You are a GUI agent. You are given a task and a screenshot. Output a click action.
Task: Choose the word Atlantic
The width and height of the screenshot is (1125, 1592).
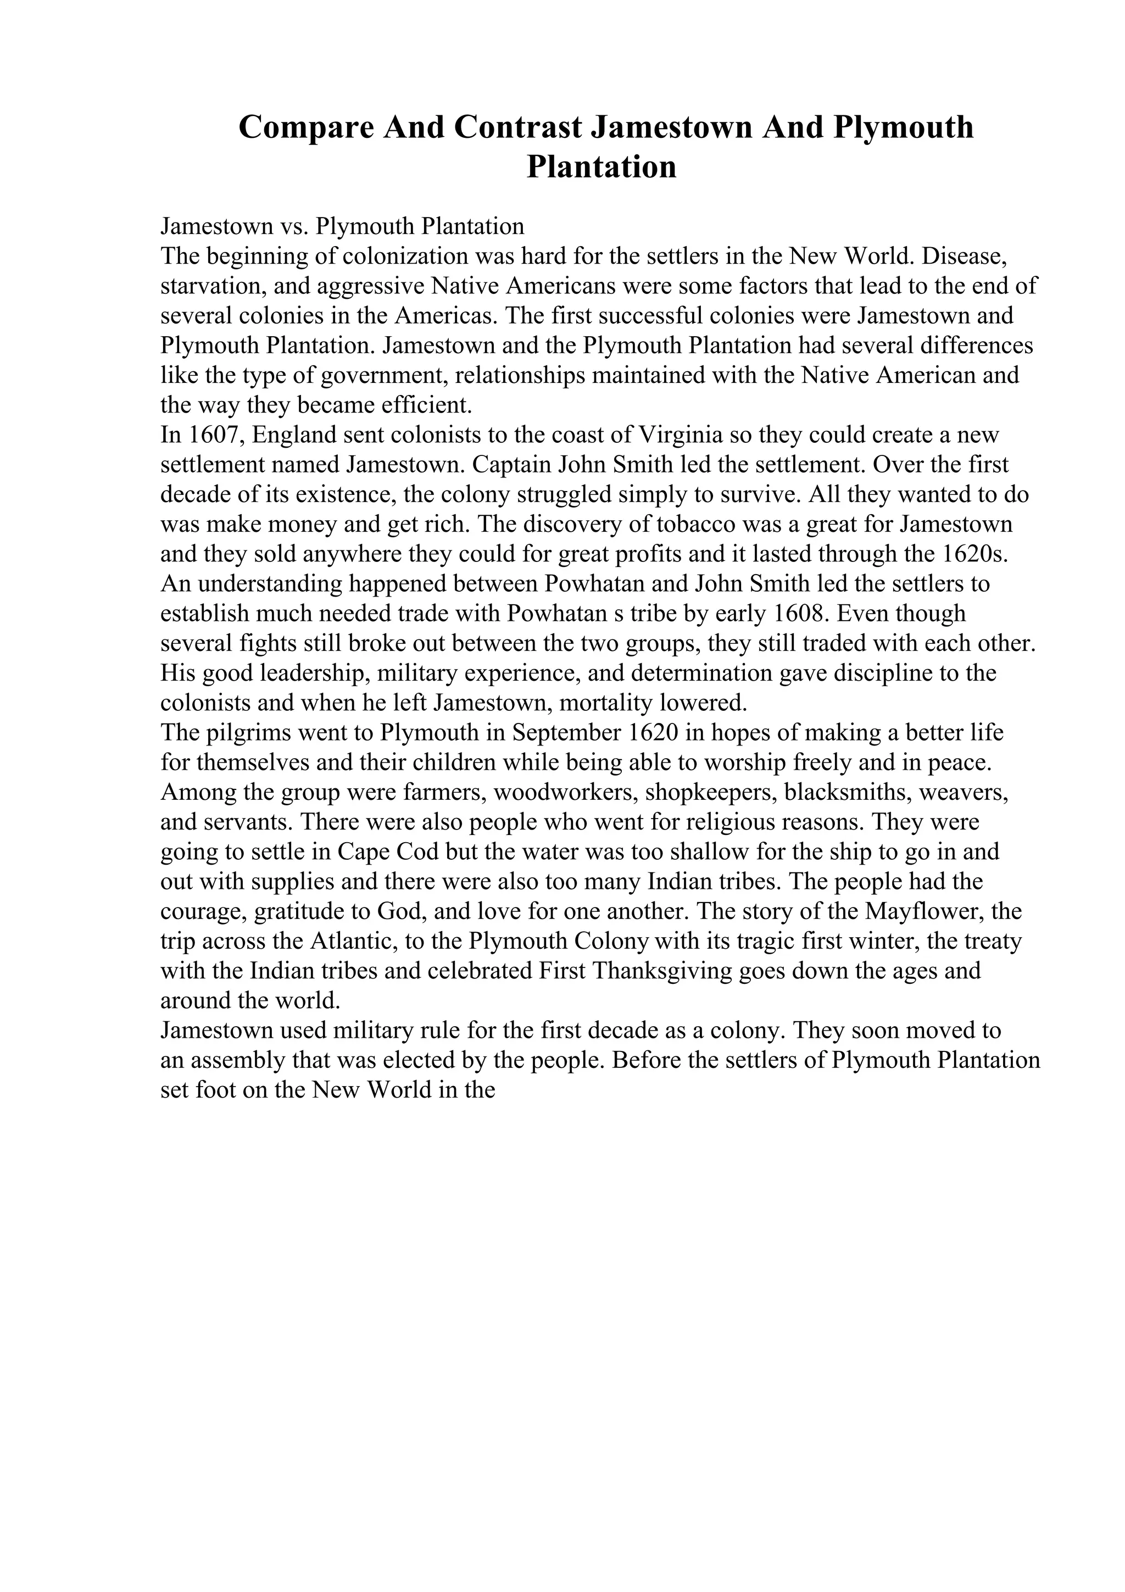click(360, 941)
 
